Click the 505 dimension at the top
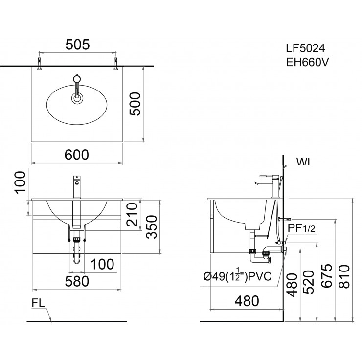77,45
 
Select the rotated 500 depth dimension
137,104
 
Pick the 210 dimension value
132,213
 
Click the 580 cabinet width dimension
77,281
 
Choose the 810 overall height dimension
346,277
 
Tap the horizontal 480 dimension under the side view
246,301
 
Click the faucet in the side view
268,183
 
